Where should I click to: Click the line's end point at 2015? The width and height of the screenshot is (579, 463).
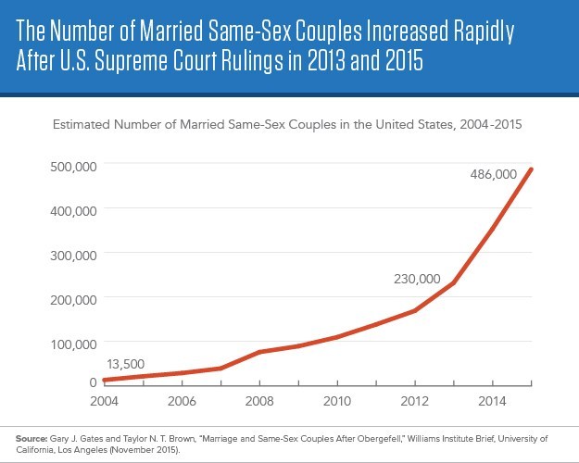[532, 169]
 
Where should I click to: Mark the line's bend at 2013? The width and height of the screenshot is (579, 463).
[454, 282]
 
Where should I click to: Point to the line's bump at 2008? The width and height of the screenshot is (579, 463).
[260, 352]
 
